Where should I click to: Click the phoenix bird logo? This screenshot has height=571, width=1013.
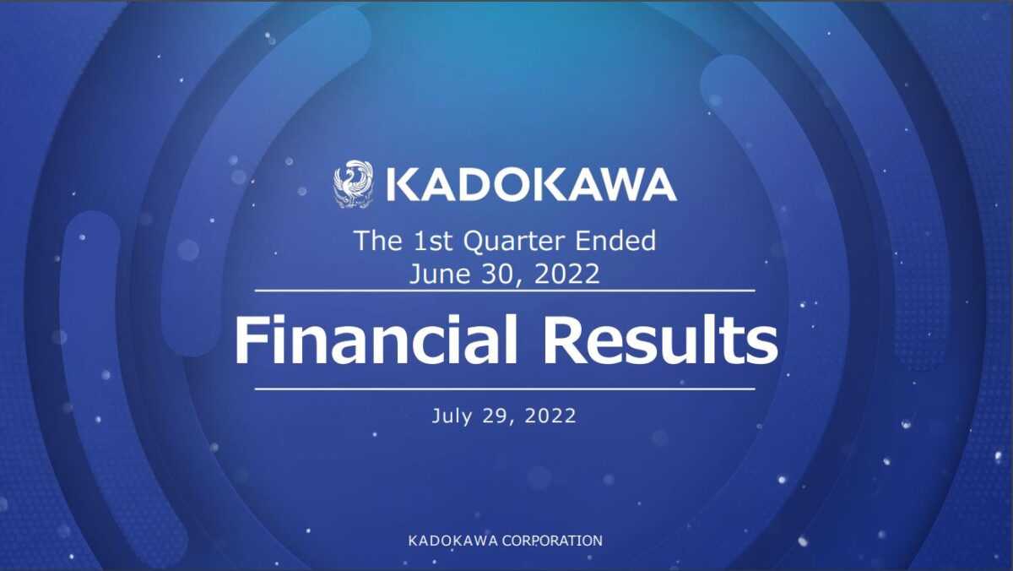click(353, 184)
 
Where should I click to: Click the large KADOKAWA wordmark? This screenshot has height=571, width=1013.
click(532, 185)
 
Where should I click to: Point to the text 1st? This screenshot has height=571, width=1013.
click(433, 241)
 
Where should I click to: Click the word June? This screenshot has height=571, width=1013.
click(439, 275)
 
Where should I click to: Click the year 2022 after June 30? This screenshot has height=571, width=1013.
click(567, 274)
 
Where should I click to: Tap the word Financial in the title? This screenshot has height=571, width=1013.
click(376, 340)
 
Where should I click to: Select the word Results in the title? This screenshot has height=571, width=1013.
click(660, 340)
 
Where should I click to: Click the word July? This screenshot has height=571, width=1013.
click(452, 416)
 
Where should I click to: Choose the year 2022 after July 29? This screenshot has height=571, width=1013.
click(550, 416)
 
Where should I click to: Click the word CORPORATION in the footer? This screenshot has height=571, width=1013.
click(552, 541)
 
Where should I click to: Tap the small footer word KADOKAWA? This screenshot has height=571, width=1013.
click(453, 541)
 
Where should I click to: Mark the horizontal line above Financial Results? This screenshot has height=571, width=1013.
click(505, 291)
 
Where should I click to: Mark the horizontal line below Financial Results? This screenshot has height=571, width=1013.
click(505, 389)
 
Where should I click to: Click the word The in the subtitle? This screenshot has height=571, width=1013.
click(378, 241)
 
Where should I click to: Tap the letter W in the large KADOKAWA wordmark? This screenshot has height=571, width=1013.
click(619, 185)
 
